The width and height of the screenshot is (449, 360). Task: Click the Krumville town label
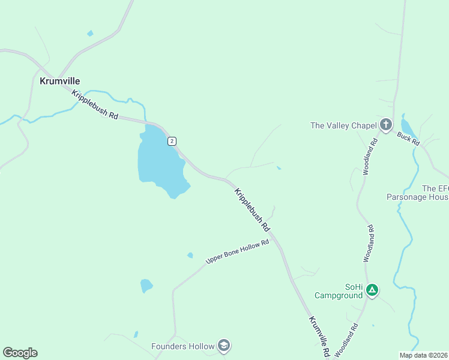(x=59, y=81)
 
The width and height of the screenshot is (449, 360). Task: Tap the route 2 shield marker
(x=172, y=141)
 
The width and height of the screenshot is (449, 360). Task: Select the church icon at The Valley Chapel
(x=385, y=125)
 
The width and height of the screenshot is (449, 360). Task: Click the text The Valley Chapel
(x=343, y=125)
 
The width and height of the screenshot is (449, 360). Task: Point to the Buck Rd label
(x=408, y=139)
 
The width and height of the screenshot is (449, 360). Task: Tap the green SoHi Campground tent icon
(x=372, y=291)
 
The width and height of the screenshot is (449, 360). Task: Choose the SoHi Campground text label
(x=339, y=291)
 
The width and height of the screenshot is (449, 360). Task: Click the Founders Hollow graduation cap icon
(x=224, y=346)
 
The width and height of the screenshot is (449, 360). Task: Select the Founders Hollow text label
(x=182, y=346)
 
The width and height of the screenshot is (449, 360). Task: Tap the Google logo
(x=20, y=353)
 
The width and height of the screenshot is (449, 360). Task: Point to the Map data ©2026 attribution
(x=423, y=355)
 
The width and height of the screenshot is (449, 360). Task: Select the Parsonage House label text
(x=418, y=197)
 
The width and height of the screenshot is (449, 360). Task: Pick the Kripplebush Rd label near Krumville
(x=95, y=104)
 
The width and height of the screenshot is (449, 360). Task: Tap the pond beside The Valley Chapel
(x=406, y=126)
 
